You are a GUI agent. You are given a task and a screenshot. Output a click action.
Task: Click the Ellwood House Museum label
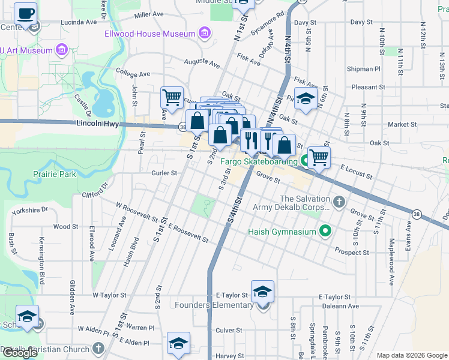point(151,34)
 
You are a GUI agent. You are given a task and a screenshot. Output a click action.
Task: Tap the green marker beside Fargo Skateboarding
point(304,161)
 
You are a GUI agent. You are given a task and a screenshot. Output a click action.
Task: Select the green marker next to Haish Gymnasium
point(325,231)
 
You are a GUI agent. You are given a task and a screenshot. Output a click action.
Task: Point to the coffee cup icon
point(25,13)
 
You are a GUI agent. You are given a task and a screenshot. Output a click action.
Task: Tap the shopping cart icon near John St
point(172,97)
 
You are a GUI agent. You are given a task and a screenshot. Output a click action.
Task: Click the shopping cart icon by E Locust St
point(319,157)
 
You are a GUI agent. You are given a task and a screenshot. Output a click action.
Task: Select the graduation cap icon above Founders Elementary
point(262,291)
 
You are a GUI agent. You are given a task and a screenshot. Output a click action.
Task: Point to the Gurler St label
point(164,173)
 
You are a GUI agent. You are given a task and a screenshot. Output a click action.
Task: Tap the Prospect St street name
point(352,253)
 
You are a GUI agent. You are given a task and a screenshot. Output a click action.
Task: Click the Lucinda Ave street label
point(78,22)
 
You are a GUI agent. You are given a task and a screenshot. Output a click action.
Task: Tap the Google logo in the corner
point(20,353)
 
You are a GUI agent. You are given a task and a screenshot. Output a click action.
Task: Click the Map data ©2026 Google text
point(411,355)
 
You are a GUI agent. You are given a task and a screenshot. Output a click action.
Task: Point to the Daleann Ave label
point(333,306)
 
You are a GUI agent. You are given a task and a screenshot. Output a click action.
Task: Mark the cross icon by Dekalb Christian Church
point(98,349)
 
